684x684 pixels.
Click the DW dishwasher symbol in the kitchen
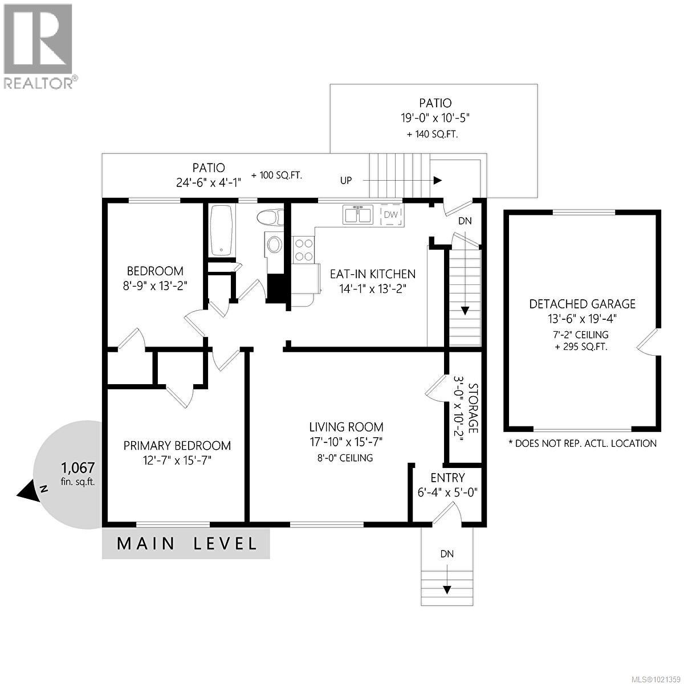[390, 214]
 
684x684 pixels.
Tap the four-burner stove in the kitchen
[304, 250]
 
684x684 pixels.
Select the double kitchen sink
[357, 214]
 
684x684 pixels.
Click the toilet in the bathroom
[271, 217]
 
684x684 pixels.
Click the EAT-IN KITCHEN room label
[373, 274]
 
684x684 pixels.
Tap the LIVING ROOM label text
[346, 427]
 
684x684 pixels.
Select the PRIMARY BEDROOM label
[177, 446]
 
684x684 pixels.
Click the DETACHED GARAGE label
[582, 304]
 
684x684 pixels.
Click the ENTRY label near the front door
[447, 478]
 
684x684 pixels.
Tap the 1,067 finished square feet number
[78, 468]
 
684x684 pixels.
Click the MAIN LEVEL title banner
[186, 543]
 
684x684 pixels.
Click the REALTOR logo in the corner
[39, 46]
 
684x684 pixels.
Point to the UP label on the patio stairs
[346, 181]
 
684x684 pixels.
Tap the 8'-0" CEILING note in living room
[346, 458]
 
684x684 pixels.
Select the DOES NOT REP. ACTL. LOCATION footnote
[582, 443]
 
